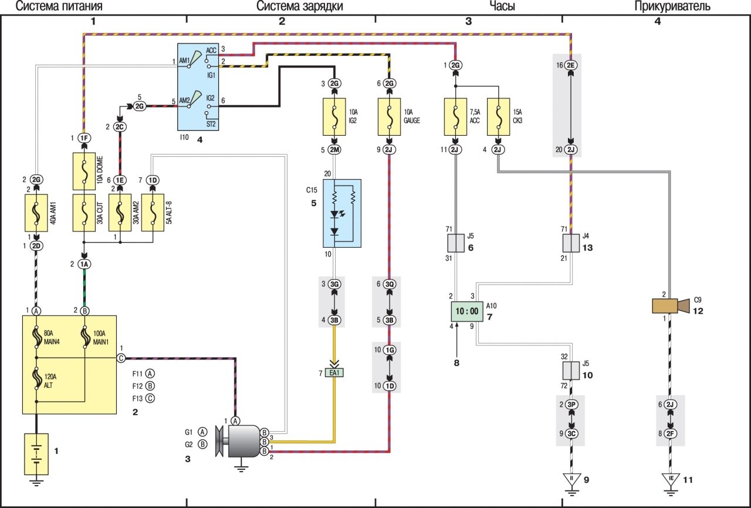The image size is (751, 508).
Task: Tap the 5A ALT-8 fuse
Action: (153, 213)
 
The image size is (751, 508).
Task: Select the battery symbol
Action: (36, 454)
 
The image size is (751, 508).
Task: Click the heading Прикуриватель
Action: (672, 6)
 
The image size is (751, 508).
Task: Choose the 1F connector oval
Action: (83, 137)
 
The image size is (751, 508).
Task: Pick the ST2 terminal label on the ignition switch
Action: (211, 125)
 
